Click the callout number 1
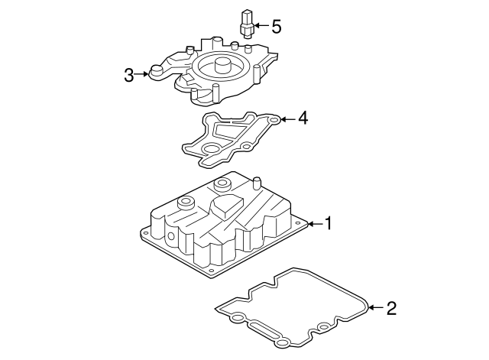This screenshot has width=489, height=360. tap(329, 223)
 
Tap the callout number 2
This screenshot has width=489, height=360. tap(391, 308)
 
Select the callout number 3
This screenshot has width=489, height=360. tap(129, 75)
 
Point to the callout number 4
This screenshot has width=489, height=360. tap(303, 118)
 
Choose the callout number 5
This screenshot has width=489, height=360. tap(276, 27)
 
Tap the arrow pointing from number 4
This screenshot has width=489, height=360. tap(286, 118)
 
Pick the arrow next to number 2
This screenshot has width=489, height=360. tap(374, 308)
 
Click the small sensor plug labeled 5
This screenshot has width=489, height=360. tap(246, 23)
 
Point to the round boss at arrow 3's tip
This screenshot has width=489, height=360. tap(156, 73)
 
